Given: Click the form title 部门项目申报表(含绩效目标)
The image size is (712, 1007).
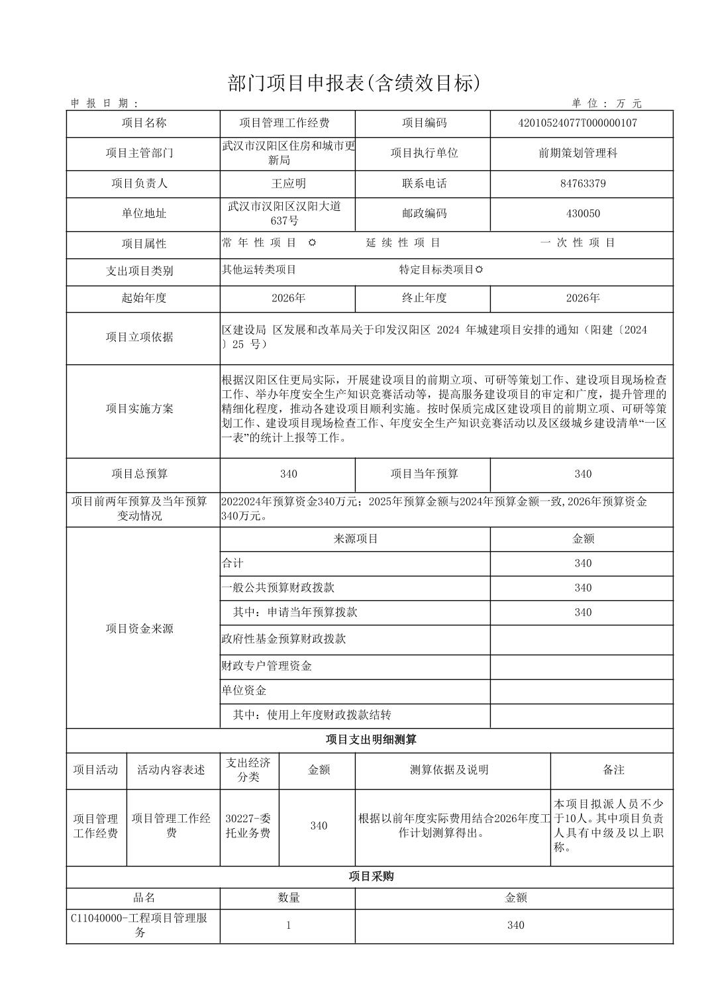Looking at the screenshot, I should (x=352, y=83).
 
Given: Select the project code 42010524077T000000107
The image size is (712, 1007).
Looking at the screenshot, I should (x=582, y=123).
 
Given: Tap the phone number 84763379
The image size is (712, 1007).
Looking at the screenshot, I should (x=582, y=184).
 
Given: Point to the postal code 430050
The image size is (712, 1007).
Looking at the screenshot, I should (x=582, y=213).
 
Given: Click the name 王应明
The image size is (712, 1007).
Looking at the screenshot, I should (x=288, y=184).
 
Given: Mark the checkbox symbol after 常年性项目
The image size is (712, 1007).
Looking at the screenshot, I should (x=312, y=242).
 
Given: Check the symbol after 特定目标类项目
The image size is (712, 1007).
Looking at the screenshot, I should (x=479, y=270).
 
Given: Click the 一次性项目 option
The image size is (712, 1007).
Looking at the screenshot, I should (x=578, y=242).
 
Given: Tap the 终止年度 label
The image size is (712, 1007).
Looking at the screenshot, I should (x=424, y=298).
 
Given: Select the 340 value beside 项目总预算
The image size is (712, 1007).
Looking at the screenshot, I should (x=288, y=474).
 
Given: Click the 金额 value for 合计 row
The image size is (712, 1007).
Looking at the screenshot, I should (x=583, y=563).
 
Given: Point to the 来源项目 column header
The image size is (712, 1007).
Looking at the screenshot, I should (x=356, y=539).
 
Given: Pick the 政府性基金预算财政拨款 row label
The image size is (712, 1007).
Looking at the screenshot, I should (x=283, y=639).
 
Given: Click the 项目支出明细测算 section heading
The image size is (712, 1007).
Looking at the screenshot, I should (x=370, y=740).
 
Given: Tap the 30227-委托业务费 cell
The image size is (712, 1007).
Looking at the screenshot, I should (x=248, y=825).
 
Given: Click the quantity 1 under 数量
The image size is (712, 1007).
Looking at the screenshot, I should (x=288, y=925).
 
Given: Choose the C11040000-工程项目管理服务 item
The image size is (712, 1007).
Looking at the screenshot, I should (x=140, y=925).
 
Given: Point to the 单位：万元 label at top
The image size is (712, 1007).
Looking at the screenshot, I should (x=607, y=103).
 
